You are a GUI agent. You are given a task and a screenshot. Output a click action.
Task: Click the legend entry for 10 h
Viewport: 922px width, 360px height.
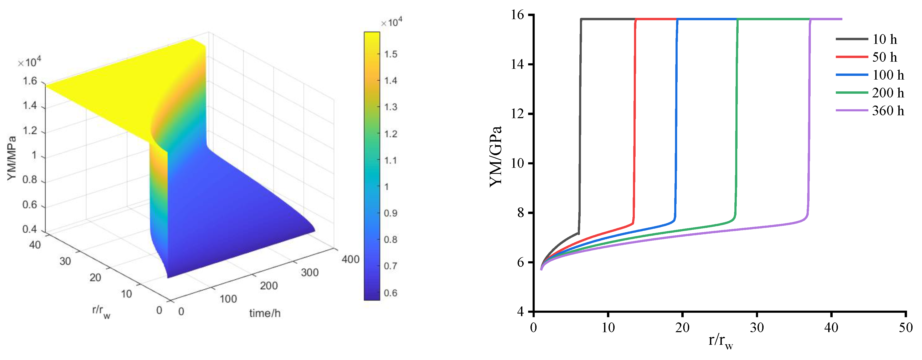884,39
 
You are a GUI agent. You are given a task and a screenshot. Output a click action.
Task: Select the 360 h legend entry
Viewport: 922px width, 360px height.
888,111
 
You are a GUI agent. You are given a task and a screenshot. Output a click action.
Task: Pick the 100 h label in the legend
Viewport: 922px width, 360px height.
888,75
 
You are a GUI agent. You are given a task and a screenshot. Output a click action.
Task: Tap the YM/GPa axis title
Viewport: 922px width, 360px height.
496,156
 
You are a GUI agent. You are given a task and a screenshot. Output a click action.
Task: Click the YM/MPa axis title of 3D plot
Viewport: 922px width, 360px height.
12,158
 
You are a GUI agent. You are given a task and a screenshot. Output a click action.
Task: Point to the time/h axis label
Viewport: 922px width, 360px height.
265,314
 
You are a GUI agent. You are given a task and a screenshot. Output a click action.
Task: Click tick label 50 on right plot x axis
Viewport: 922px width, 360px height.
905,327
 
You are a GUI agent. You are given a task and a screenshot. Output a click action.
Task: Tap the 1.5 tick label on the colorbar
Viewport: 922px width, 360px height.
390,54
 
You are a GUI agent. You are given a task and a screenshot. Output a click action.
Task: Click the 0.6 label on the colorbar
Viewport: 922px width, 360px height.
390,293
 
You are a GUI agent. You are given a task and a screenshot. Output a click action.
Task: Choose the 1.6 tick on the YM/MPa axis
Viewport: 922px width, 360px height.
30,81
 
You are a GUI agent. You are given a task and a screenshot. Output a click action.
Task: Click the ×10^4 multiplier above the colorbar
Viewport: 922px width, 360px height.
391,23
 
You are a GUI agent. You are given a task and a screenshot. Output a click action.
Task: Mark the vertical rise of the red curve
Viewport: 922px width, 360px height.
635,122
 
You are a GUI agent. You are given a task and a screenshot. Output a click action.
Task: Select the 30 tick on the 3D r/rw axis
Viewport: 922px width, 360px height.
65,261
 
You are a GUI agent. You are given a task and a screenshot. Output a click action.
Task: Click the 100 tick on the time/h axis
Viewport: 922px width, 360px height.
228,299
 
